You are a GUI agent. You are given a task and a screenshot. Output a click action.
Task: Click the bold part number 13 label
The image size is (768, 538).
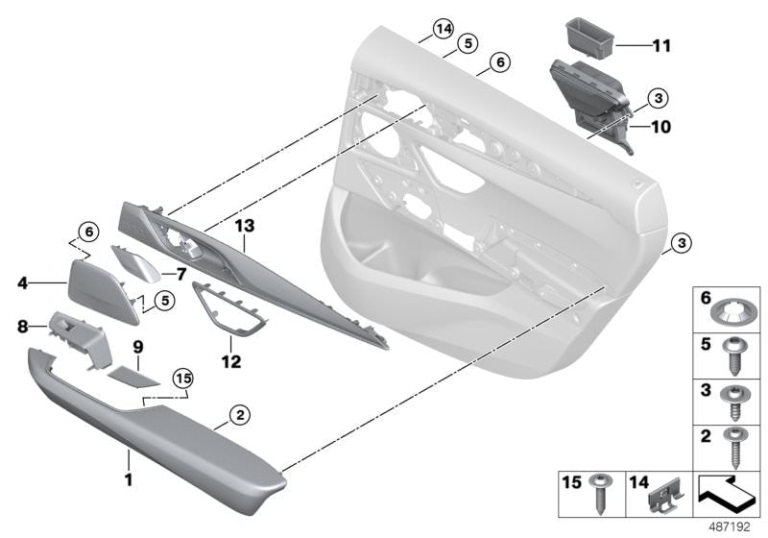tap(245, 226)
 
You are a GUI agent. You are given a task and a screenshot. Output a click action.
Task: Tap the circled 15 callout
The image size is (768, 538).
tap(183, 379)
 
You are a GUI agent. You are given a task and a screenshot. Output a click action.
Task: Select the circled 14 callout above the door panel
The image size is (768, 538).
tap(444, 29)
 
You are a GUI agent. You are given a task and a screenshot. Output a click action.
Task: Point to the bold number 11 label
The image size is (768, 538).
tap(661, 46)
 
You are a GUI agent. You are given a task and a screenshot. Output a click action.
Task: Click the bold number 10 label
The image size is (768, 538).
tap(660, 127)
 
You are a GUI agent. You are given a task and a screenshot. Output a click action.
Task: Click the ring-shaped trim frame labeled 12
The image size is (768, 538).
tap(230, 310)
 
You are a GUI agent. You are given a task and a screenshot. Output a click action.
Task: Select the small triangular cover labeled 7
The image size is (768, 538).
tap(136, 263)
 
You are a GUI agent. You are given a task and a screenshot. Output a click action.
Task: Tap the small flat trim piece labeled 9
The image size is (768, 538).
tap(133, 378)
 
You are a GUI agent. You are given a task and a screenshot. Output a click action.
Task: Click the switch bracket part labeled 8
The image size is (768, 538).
tap(81, 338)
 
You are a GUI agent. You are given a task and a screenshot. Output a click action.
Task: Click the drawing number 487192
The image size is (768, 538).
tap(730, 527)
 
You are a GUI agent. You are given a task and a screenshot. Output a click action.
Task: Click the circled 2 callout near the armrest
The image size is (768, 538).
tap(240, 415)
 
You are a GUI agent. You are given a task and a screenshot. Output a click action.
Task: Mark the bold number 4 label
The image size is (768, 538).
tap(22, 282)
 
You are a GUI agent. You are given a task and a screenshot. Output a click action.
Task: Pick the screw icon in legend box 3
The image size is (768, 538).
tap(733, 403)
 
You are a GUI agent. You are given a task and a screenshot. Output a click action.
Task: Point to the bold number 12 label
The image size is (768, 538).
tap(231, 362)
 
